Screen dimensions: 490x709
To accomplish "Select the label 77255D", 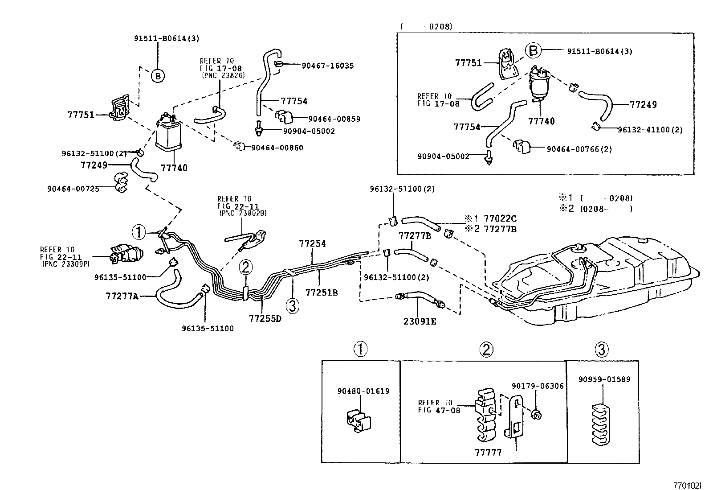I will (x=265, y=318).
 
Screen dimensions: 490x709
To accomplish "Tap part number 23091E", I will (x=420, y=321).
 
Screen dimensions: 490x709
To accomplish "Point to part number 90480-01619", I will (x=363, y=391).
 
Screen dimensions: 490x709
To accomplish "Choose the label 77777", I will (x=488, y=453).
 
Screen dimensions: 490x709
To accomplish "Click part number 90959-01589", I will (x=604, y=379).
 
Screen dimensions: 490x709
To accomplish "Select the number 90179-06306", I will (x=538, y=386).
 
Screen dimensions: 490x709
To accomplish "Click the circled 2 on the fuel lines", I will (x=246, y=268).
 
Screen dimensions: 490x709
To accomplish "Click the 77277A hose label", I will (x=122, y=295).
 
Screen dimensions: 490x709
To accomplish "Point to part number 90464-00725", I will (x=73, y=189).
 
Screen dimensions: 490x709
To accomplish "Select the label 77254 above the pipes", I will (x=312, y=243).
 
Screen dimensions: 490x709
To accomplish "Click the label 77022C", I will (x=500, y=218).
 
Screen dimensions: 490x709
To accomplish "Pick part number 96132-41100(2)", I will (x=650, y=130).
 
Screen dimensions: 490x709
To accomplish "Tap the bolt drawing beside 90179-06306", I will (x=537, y=415).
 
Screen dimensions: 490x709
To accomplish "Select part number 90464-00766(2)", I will (x=579, y=149).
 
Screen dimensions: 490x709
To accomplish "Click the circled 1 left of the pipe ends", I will (x=139, y=232).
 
